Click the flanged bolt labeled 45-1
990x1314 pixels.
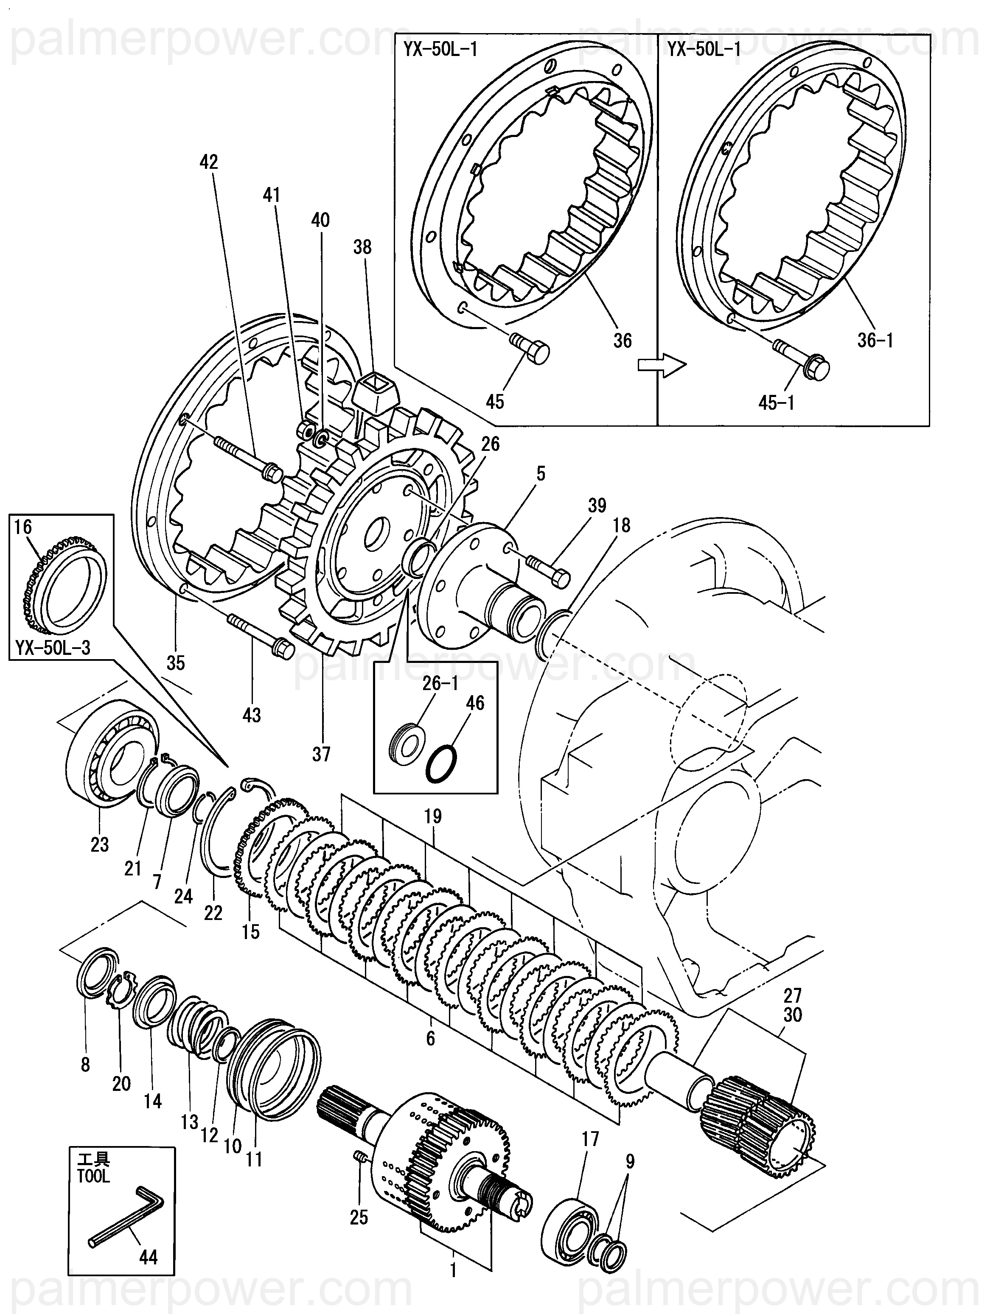click(802, 359)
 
